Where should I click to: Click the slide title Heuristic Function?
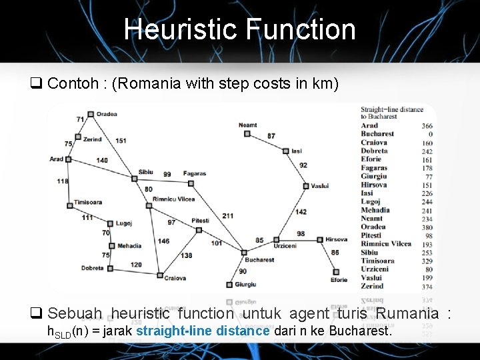coord(239,29)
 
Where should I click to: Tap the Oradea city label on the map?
coord(106,114)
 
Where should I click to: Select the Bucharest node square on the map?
coord(244,252)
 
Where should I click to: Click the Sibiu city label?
coord(145,172)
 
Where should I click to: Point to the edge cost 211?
coord(228,215)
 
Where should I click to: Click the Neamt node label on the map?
coord(247,125)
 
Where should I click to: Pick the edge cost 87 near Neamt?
coord(271,136)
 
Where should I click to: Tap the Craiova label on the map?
coord(175,277)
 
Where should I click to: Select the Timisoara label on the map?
coord(88,202)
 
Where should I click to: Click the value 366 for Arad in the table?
coord(427,125)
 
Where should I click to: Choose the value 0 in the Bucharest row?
coord(430,134)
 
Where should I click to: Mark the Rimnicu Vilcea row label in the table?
coord(386,244)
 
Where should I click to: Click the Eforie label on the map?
coord(339,280)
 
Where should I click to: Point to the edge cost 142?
coord(301,211)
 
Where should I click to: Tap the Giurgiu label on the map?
coord(245,285)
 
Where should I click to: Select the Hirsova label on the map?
coord(337,239)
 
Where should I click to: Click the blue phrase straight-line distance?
coord(203,331)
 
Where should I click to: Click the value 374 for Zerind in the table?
coord(427,287)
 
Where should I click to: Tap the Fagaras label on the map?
coord(195,173)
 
